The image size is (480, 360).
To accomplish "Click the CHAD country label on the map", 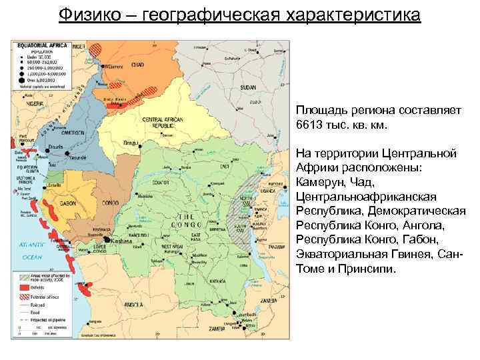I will pyautogui.click(x=138, y=65).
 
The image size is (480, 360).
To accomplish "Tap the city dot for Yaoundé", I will pyautogui.click(x=67, y=154).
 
